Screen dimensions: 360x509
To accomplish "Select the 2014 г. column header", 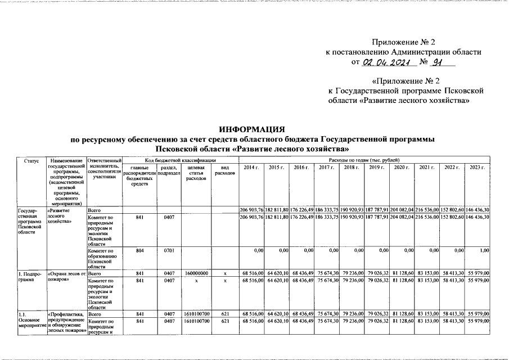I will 251,168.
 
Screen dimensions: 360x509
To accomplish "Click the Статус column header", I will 32,161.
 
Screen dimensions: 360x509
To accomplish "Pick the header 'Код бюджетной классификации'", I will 179,161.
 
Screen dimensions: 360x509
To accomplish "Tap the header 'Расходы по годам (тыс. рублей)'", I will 364,161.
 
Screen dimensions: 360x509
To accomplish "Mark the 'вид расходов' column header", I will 224,170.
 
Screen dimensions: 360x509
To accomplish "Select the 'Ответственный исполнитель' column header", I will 105,169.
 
